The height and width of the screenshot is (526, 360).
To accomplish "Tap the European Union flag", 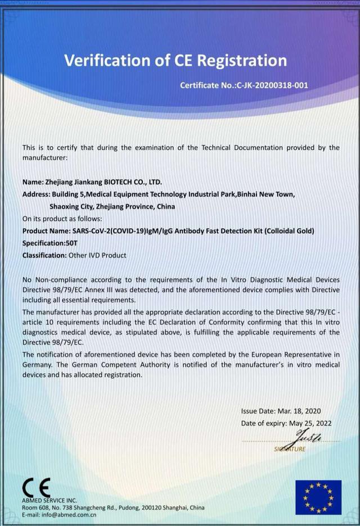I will click(318, 497).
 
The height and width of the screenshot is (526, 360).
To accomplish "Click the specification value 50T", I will click(70, 243).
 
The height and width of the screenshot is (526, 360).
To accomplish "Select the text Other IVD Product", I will click(97, 255).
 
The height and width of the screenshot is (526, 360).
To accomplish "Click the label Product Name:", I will click(46, 231).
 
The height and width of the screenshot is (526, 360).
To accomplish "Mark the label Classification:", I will click(44, 255).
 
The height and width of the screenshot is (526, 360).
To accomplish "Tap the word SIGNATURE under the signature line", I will click(291, 449).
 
